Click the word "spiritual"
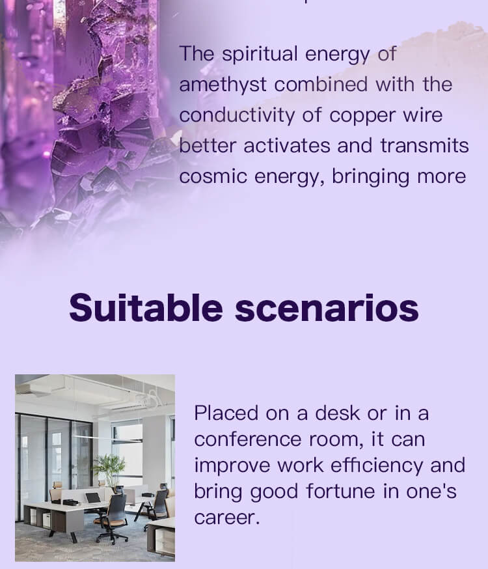[260, 54]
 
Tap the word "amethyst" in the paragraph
[223, 85]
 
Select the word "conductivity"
[237, 115]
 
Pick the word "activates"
[287, 146]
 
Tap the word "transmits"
[424, 146]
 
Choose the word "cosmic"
[213, 176]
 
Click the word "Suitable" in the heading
[146, 308]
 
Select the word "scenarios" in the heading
[327, 309]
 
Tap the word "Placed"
[226, 413]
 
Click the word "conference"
[248, 439]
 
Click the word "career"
[227, 518]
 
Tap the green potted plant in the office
[109, 469]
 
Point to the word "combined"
[321, 85]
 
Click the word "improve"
[232, 466]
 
